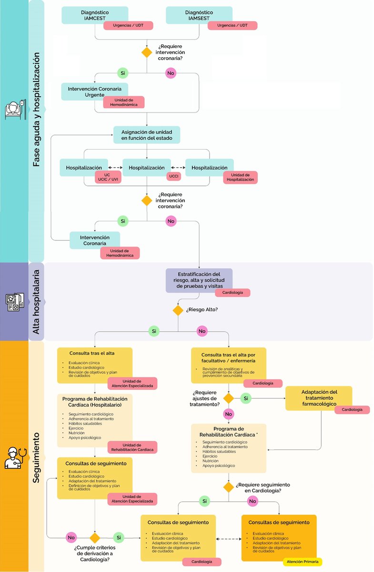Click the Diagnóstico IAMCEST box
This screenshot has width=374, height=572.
tap(94, 15)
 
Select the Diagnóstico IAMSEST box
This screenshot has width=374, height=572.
tap(199, 15)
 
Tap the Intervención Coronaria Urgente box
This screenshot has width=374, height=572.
tap(94, 92)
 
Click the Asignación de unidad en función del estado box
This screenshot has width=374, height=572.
tap(147, 134)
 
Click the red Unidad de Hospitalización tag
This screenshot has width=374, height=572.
tap(240, 177)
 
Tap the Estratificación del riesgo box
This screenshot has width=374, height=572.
tap(199, 280)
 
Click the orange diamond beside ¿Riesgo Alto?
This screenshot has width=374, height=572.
tap(178, 310)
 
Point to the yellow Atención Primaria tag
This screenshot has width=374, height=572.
tap(303, 562)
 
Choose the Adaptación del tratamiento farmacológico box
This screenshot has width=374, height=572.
tap(318, 398)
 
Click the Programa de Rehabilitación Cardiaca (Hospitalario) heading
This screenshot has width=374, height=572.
tap(94, 402)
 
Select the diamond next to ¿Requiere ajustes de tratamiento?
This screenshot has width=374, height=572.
tap(229, 398)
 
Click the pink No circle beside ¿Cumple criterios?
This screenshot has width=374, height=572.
tap(71, 537)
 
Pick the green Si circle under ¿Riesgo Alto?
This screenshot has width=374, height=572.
tap(153, 331)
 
